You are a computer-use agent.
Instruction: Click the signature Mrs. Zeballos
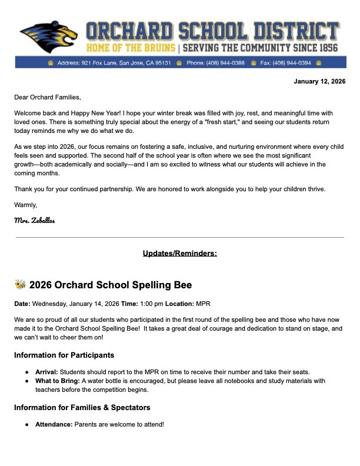click(35, 219)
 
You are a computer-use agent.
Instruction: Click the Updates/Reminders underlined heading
click(179, 254)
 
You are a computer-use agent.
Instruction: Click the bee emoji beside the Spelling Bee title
click(20, 285)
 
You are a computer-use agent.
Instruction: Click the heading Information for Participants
click(64, 355)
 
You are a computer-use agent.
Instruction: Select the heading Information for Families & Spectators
click(82, 407)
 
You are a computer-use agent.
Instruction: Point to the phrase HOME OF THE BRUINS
click(131, 47)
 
